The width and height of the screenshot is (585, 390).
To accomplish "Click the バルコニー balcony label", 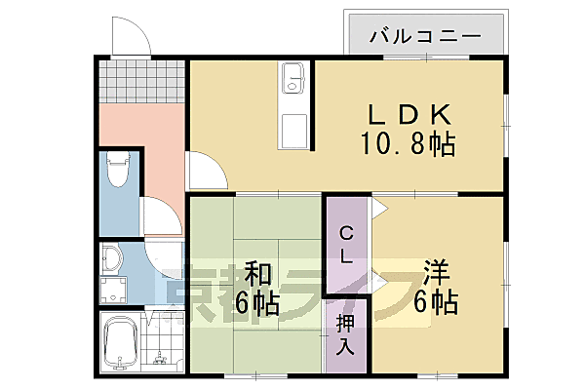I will click(426, 36).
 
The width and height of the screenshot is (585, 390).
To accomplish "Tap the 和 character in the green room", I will click(256, 273).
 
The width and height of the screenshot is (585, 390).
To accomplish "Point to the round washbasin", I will click(110, 257).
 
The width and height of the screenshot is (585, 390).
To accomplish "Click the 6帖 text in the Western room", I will click(437, 302).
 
